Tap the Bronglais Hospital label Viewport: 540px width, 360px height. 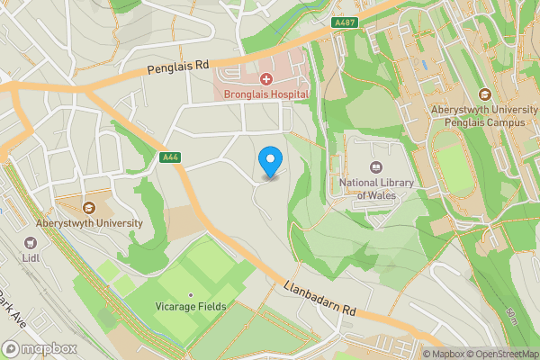[x=261, y=94]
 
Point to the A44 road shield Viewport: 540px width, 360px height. [x=168, y=157]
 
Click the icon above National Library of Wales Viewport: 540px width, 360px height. [x=376, y=167]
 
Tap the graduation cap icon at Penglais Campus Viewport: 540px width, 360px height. [x=484, y=94]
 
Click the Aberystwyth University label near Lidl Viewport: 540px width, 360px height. [x=89, y=222]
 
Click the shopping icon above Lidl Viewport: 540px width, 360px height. [x=31, y=242]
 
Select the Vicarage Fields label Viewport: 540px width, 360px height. [x=189, y=306]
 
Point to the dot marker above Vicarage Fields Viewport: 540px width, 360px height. [x=190, y=294]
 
